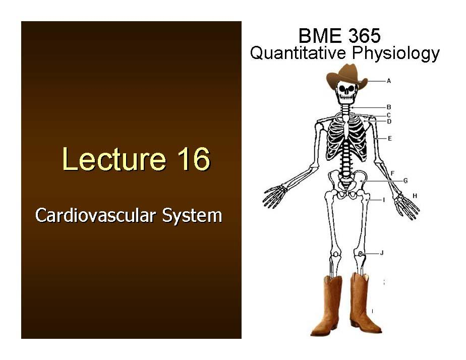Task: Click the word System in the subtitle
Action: pyautogui.click(x=192, y=215)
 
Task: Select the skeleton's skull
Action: pyautogui.click(x=346, y=93)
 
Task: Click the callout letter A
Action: pyautogui.click(x=389, y=81)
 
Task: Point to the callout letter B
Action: pyautogui.click(x=389, y=107)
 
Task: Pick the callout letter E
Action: pyautogui.click(x=390, y=138)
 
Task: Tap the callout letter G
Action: pyautogui.click(x=405, y=181)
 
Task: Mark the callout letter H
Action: pyautogui.click(x=415, y=196)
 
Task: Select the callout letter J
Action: pyautogui.click(x=382, y=253)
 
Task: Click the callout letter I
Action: pyautogui.click(x=384, y=200)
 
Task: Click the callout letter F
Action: pyautogui.click(x=392, y=173)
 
